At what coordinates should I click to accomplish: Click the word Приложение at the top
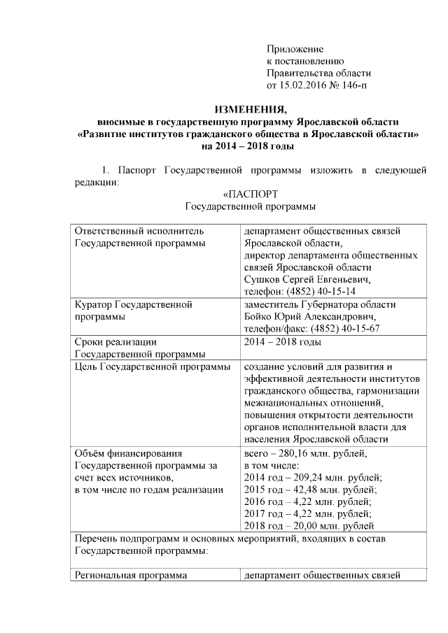tap(295, 49)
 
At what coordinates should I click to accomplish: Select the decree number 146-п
tap(352, 85)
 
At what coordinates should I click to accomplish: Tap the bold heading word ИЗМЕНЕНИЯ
tap(250, 109)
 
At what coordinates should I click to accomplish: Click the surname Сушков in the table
tap(262, 279)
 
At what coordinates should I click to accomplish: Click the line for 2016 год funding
tap(307, 502)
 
